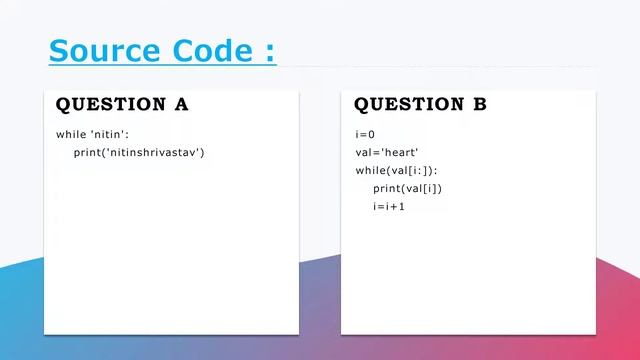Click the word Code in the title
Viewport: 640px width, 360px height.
point(213,50)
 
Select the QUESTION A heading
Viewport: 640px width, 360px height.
point(122,104)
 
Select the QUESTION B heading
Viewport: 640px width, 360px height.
point(420,104)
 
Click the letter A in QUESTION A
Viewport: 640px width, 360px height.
point(181,104)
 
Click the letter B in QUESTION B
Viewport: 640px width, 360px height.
point(480,104)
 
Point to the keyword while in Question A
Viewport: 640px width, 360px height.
point(72,134)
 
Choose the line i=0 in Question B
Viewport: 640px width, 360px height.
point(365,134)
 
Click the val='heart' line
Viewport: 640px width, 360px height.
point(387,152)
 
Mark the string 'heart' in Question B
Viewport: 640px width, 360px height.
point(400,152)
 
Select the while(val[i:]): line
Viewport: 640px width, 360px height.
point(397,170)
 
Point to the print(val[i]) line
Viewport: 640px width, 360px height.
point(407,188)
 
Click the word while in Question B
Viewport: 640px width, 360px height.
point(371,170)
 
